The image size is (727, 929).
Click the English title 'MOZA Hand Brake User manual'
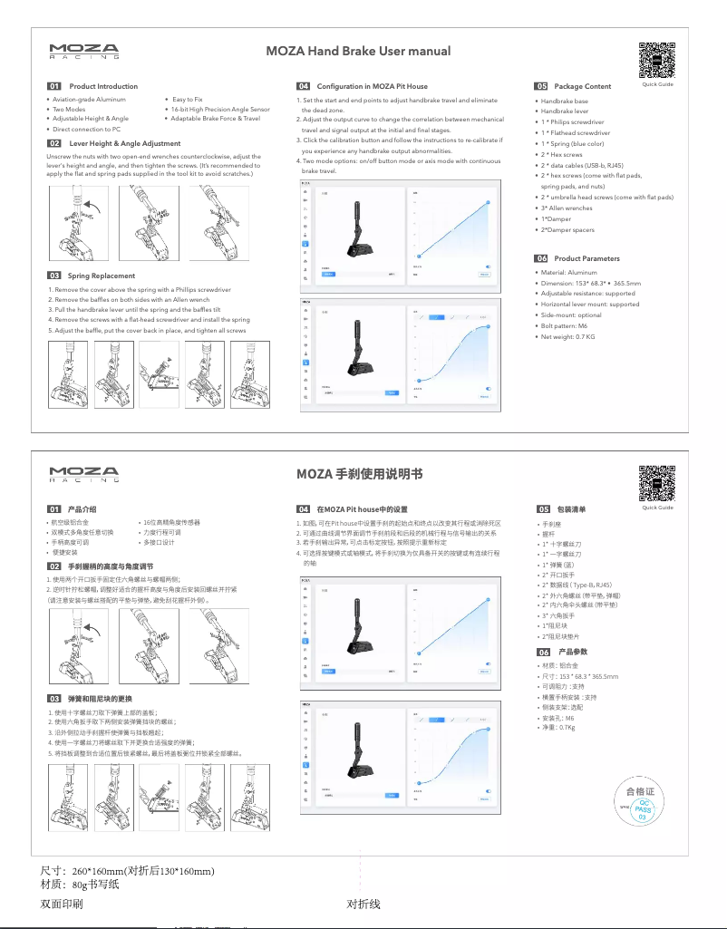(x=357, y=51)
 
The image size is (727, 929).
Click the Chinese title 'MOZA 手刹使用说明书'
(x=359, y=473)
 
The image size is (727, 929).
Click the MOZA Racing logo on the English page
(x=83, y=51)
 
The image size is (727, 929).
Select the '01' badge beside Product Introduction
(x=54, y=86)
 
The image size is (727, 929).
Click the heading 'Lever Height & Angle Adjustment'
(x=125, y=143)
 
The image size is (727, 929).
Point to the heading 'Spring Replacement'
(x=102, y=276)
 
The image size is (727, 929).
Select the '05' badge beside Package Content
(x=543, y=86)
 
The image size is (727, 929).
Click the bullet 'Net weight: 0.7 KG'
(x=567, y=336)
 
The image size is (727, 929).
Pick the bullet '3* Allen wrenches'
(x=567, y=208)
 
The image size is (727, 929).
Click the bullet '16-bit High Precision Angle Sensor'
(x=220, y=109)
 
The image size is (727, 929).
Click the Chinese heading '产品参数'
(x=573, y=652)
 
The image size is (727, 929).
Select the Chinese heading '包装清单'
(x=572, y=509)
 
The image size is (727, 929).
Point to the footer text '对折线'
(x=363, y=905)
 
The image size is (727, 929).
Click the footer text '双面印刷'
(x=62, y=905)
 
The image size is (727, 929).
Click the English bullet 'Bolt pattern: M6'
(x=564, y=325)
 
